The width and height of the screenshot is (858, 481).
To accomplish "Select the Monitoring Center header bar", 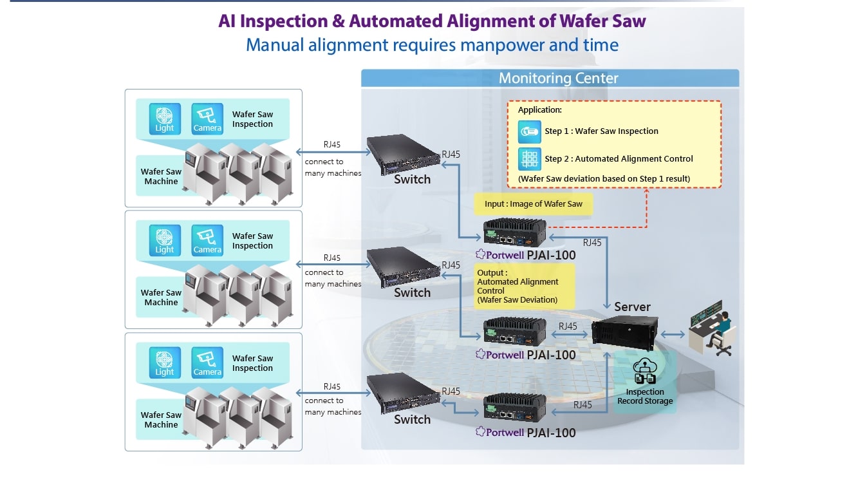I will tap(550, 79).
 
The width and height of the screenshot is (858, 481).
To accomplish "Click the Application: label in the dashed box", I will tap(540, 110).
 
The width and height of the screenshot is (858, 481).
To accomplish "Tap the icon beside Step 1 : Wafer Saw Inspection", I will tap(529, 131).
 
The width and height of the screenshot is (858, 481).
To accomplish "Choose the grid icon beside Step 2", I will tap(529, 158).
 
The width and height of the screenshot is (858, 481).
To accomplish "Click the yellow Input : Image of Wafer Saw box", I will tap(533, 204).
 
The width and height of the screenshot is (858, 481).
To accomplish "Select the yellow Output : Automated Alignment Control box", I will tap(517, 287).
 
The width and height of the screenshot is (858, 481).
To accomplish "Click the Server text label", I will tap(632, 307).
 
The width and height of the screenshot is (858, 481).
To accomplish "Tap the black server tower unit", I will tap(624, 334).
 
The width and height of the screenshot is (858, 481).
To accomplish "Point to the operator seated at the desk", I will tap(722, 329).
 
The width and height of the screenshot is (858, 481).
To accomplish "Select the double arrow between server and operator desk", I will tap(674, 334).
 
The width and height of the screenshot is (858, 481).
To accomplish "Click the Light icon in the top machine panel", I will tap(164, 119).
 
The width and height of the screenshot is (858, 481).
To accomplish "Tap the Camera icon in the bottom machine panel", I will tap(207, 363).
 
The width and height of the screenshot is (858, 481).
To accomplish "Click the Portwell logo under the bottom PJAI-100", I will tap(499, 433).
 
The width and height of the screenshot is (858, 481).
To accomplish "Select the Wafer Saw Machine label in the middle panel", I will tap(161, 297).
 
